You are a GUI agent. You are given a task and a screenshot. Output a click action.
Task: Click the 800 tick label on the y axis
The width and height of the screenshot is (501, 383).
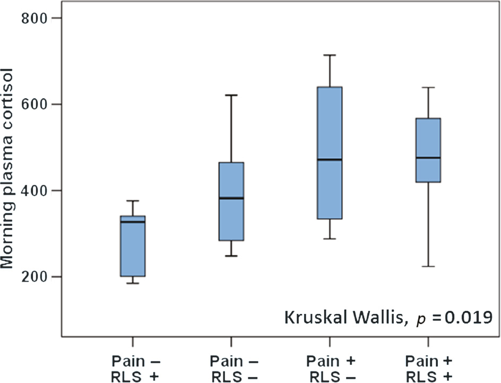tap(33, 18)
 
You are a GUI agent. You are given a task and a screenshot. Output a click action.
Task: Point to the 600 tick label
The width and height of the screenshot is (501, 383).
tap(33, 104)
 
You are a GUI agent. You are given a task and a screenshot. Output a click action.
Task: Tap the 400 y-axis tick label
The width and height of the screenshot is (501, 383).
tap(33, 190)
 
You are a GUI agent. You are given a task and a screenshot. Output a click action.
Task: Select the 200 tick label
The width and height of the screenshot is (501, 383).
tap(33, 276)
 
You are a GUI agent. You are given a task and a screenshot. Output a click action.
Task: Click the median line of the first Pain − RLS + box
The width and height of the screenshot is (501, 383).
tap(133, 222)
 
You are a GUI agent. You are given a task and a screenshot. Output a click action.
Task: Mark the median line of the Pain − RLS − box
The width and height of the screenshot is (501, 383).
tap(231, 198)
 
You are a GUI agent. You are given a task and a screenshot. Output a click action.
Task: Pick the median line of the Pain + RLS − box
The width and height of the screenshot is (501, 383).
tap(330, 159)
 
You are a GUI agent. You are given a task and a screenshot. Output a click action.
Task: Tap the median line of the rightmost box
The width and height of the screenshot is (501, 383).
tap(428, 158)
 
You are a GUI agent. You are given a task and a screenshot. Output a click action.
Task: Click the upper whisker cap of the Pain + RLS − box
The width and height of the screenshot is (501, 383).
tap(330, 55)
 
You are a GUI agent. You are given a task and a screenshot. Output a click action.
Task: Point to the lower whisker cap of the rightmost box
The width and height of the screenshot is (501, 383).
tap(428, 266)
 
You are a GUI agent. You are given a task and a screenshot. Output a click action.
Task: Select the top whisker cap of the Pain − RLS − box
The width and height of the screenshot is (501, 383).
tap(231, 95)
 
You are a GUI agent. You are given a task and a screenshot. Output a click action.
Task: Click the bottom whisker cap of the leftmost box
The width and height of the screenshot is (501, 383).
tap(133, 283)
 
